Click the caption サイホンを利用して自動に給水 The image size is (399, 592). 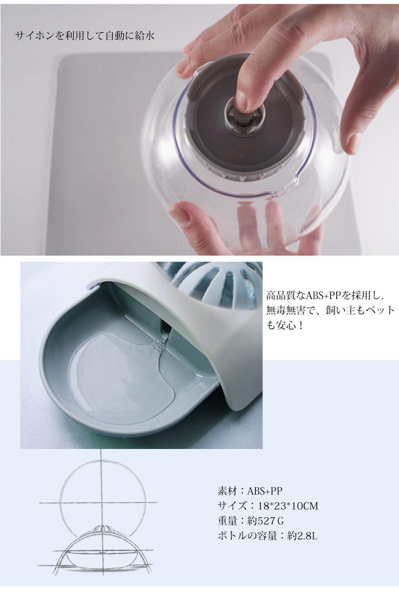pos(85,36)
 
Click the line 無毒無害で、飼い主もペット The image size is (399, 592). pos(331,310)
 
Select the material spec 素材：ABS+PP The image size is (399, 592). pos(250,491)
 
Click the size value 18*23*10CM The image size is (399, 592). pos(288,505)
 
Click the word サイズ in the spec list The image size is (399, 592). pos(233,505)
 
